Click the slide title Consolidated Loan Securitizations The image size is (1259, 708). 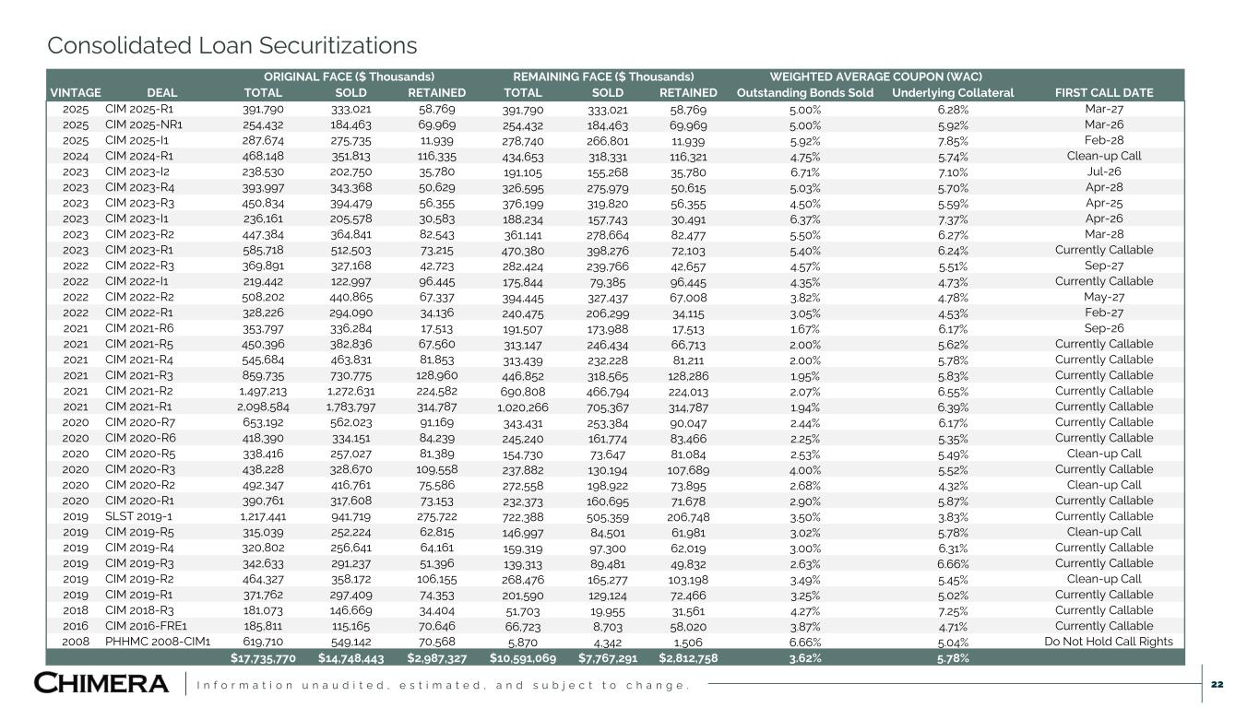point(232,45)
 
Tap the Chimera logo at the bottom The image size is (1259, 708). point(101,683)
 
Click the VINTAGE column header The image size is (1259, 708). point(76,92)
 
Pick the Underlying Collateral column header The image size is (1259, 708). point(953,92)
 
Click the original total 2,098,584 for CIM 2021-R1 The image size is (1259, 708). point(263,407)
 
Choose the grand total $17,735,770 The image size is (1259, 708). point(263,657)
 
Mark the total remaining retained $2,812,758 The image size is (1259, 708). point(687,657)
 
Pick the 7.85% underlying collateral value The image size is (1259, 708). point(953,140)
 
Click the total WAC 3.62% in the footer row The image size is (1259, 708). point(805,657)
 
